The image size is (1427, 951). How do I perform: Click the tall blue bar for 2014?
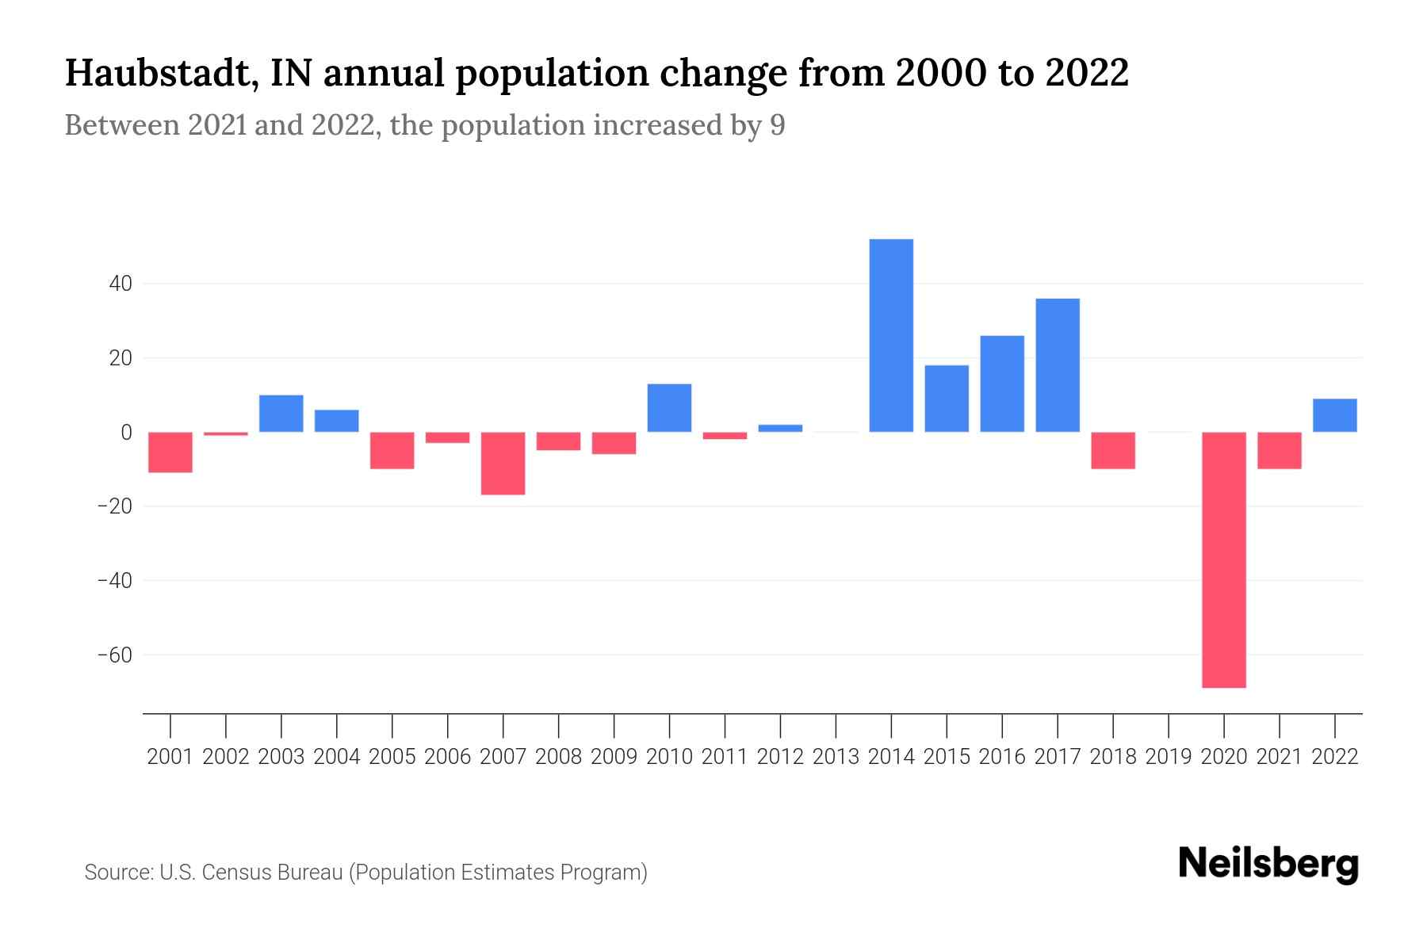pyautogui.click(x=891, y=335)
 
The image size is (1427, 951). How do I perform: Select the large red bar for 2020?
pyautogui.click(x=1224, y=560)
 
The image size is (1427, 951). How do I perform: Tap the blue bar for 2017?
pyautogui.click(x=1058, y=365)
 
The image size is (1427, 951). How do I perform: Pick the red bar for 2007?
pyautogui.click(x=503, y=464)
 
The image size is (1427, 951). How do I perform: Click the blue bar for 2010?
pyautogui.click(x=670, y=408)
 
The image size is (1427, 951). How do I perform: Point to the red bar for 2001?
pyautogui.click(x=170, y=453)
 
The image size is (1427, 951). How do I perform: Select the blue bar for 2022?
pyautogui.click(x=1335, y=415)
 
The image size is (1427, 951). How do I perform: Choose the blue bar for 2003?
pyautogui.click(x=281, y=414)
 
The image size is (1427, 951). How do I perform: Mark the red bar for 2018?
pyautogui.click(x=1113, y=450)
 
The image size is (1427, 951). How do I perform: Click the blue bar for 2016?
pyautogui.click(x=1002, y=384)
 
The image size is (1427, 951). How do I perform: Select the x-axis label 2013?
pyautogui.click(x=836, y=757)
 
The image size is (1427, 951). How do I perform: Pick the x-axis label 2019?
pyautogui.click(x=1169, y=757)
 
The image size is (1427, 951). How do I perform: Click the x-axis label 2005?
pyautogui.click(x=392, y=757)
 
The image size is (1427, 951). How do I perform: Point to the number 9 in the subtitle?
pyautogui.click(x=777, y=125)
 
